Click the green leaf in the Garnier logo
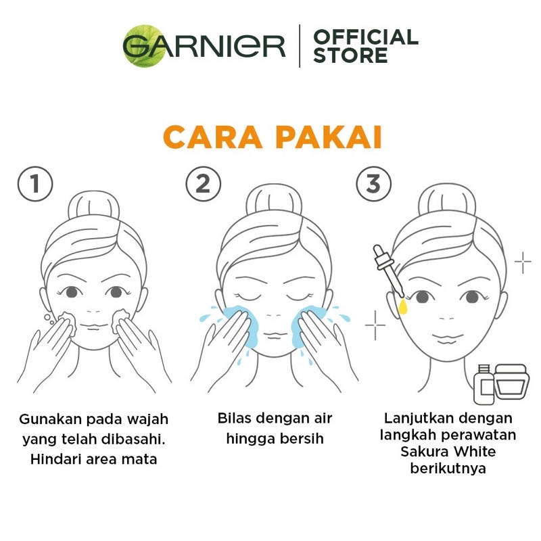point(144,46)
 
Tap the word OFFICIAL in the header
point(366,37)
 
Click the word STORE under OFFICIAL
point(350,55)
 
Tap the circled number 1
point(35,183)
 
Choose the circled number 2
point(204,183)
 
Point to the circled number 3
point(374,183)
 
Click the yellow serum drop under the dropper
point(403,306)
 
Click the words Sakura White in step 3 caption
point(448,452)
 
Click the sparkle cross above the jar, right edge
point(523,262)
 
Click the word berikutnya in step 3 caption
point(448,469)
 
